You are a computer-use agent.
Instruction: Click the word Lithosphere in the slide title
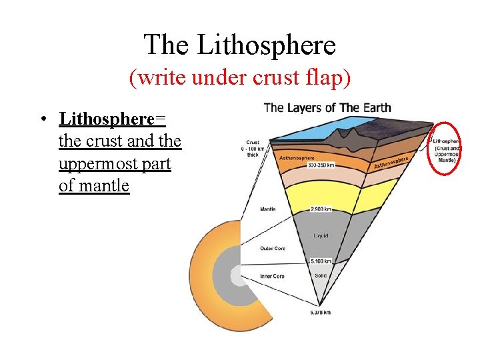(267, 45)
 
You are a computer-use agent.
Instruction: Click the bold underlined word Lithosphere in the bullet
(107, 119)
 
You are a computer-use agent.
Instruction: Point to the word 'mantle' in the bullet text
(103, 185)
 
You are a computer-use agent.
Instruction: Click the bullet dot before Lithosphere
(42, 120)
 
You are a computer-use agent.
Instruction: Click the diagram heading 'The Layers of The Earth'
(327, 107)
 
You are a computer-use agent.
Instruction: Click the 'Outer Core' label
(272, 249)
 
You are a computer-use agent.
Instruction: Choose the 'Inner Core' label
(272, 275)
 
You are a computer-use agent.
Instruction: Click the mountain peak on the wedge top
(347, 132)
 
